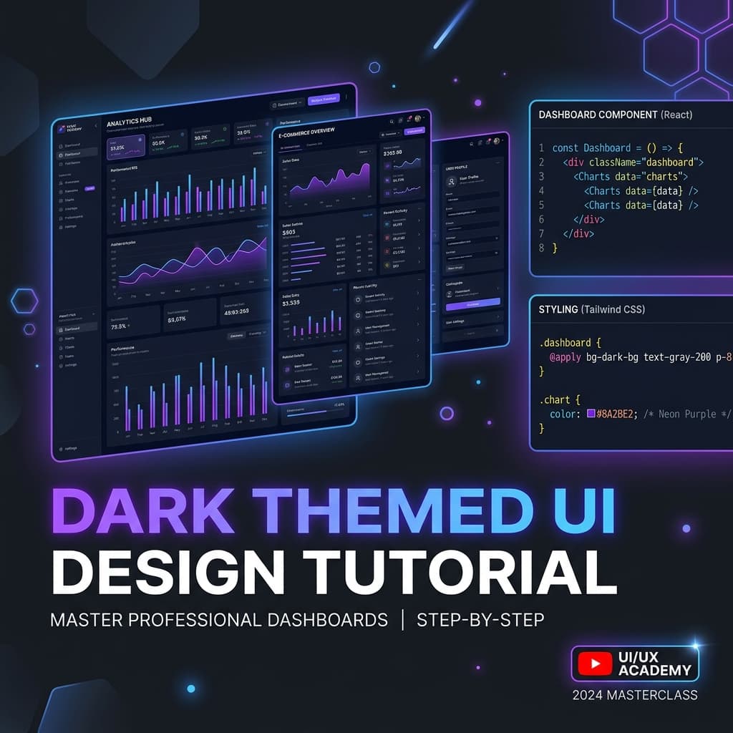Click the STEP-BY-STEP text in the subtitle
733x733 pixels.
pos(480,619)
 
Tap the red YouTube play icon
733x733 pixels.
pos(594,664)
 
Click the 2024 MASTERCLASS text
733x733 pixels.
pos(634,695)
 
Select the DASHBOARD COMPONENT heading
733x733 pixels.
pos(598,115)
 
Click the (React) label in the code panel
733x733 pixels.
pos(677,115)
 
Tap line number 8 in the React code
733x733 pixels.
pos(541,248)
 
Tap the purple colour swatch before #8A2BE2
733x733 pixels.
pos(591,414)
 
